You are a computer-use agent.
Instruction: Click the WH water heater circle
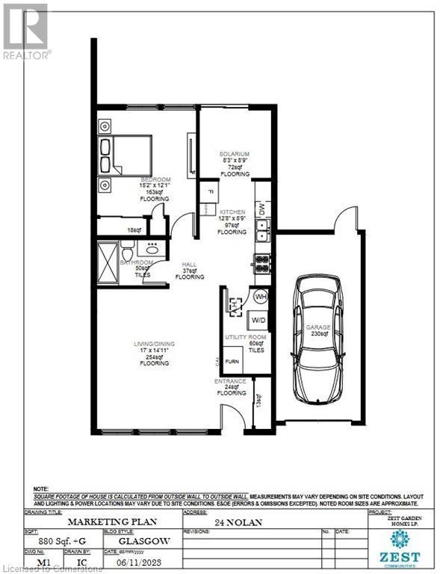(261, 297)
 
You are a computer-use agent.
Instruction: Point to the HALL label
(190, 265)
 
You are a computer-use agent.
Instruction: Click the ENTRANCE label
(231, 382)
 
